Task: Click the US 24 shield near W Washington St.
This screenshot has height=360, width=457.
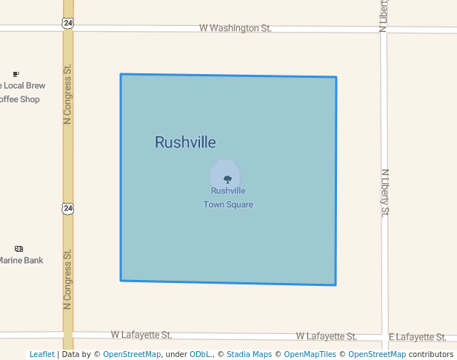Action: [67, 23]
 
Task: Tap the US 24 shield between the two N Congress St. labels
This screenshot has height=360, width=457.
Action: [68, 209]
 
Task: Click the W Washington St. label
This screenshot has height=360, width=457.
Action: [236, 28]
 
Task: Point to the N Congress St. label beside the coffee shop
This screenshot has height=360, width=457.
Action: [67, 94]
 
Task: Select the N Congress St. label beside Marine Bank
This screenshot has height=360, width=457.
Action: [67, 279]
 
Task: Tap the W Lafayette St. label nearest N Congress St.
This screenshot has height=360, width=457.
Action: [141, 335]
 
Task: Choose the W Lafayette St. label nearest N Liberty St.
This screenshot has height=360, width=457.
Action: [326, 336]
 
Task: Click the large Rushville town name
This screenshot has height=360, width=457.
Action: [185, 142]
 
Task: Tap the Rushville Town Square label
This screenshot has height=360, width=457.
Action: [228, 198]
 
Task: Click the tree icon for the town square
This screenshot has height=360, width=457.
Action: [227, 179]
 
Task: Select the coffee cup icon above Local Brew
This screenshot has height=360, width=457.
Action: [16, 74]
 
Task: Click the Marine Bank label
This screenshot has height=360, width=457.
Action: [21, 260]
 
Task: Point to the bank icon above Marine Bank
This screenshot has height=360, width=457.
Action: [19, 249]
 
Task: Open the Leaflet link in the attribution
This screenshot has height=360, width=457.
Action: [42, 354]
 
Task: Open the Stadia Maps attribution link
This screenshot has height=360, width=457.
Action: [249, 354]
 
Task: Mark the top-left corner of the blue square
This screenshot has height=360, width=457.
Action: [121, 74]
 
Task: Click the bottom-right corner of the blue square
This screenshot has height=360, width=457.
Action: [336, 284]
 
